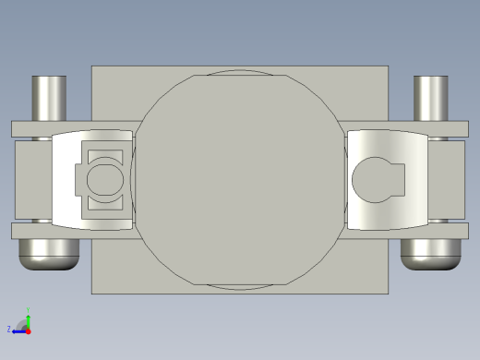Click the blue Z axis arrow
19,329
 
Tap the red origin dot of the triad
29,329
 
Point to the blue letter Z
9,329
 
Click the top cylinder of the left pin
50,97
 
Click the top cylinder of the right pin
430,97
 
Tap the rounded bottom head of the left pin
48,254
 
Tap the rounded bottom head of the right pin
430,254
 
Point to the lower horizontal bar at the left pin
32,231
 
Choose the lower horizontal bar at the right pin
448,231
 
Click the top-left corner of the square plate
92,66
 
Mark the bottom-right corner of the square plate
387,293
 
